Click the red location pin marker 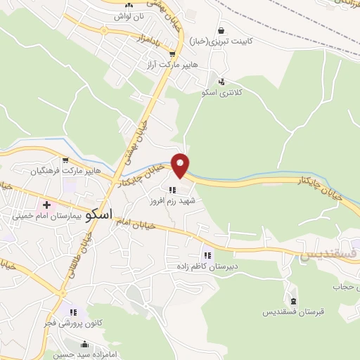[x=181, y=165]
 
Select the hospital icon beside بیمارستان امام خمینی [x=46, y=205]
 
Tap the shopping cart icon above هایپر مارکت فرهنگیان [x=65, y=160]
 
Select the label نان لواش [x=129, y=15]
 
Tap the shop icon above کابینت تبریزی [x=222, y=31]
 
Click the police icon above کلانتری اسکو [x=222, y=82]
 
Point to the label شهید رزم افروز [x=173, y=201]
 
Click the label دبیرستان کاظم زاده [x=207, y=266]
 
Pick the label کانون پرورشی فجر [x=75, y=322]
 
